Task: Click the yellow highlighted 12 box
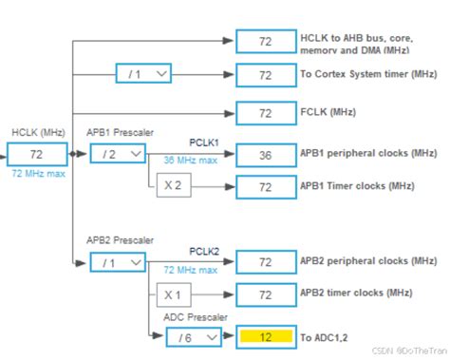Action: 265,335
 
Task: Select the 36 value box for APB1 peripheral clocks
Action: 265,154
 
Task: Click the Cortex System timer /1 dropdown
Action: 143,73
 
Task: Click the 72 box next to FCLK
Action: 265,112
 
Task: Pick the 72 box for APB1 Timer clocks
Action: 265,188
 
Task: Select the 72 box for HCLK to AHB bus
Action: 265,41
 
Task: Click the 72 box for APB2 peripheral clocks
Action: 265,261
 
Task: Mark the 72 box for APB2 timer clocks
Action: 265,295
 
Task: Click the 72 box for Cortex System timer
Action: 265,73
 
